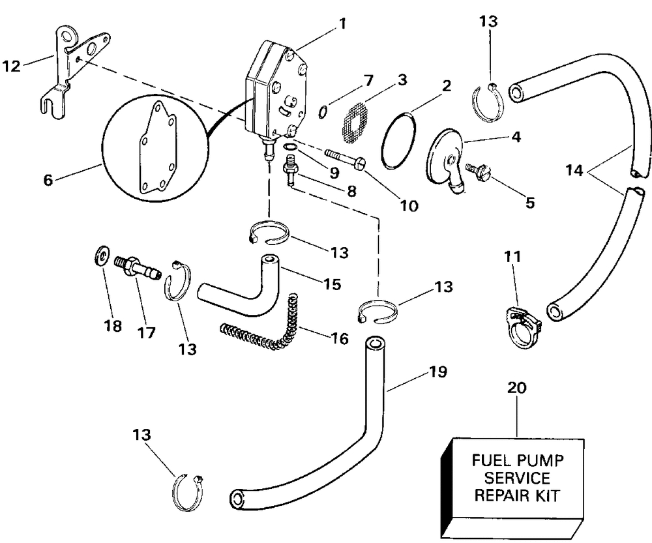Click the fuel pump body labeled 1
coord(274,85)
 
